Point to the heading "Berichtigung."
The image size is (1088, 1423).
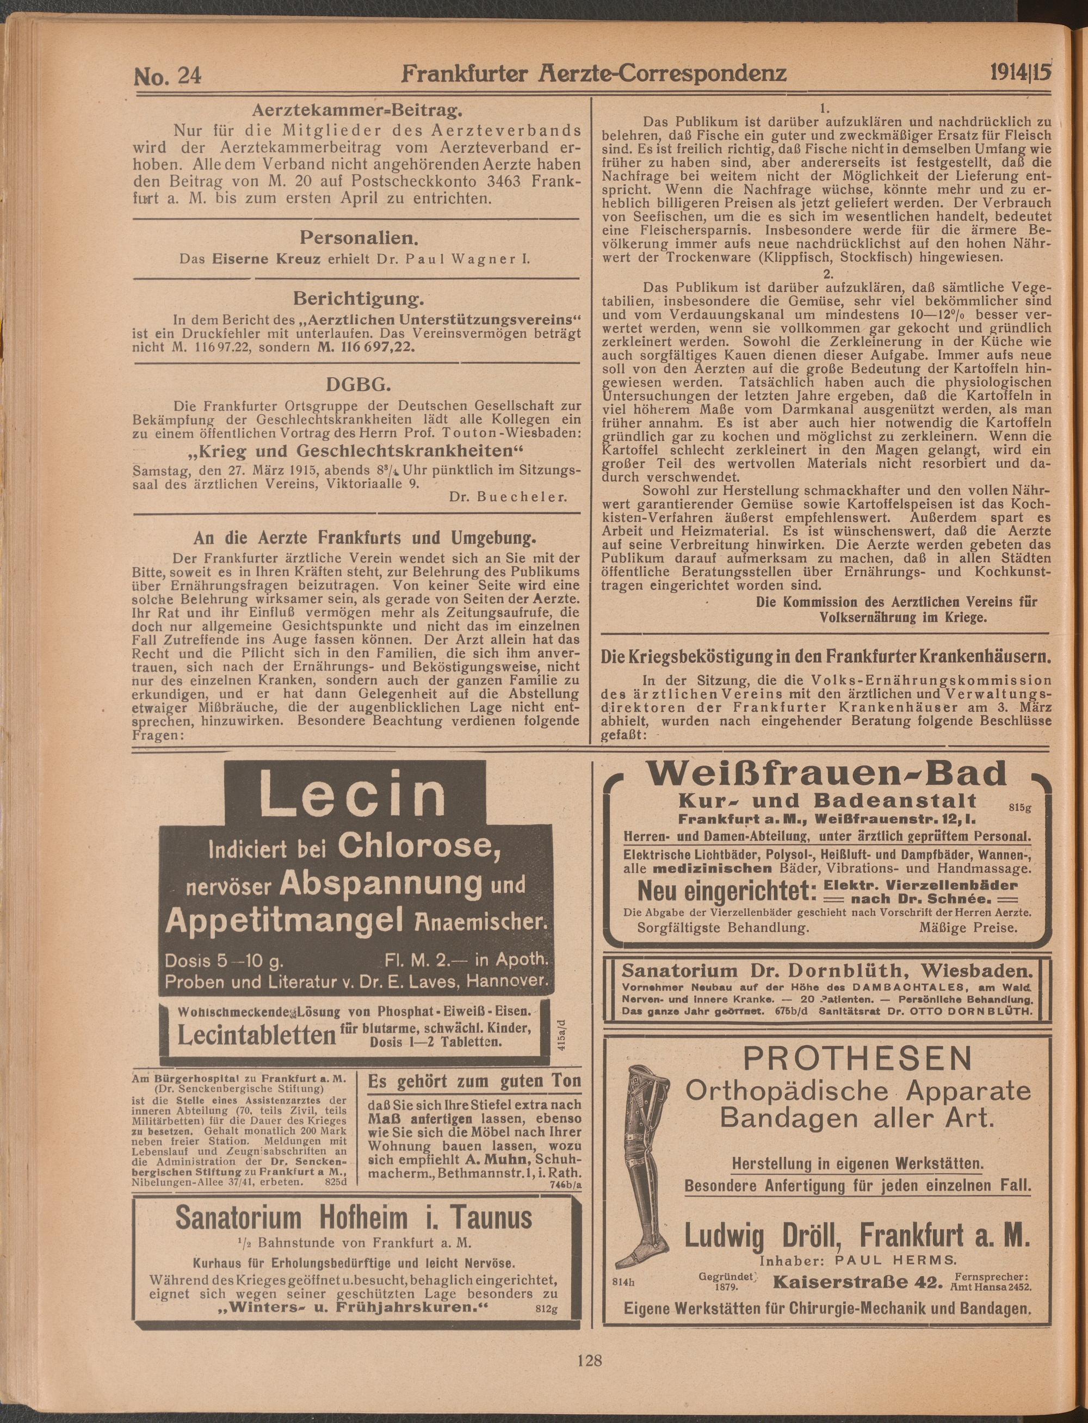pyautogui.click(x=358, y=299)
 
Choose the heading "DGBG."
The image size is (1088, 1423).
pyautogui.click(x=358, y=386)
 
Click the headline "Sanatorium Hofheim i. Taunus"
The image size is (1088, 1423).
pyautogui.click(x=354, y=1218)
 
